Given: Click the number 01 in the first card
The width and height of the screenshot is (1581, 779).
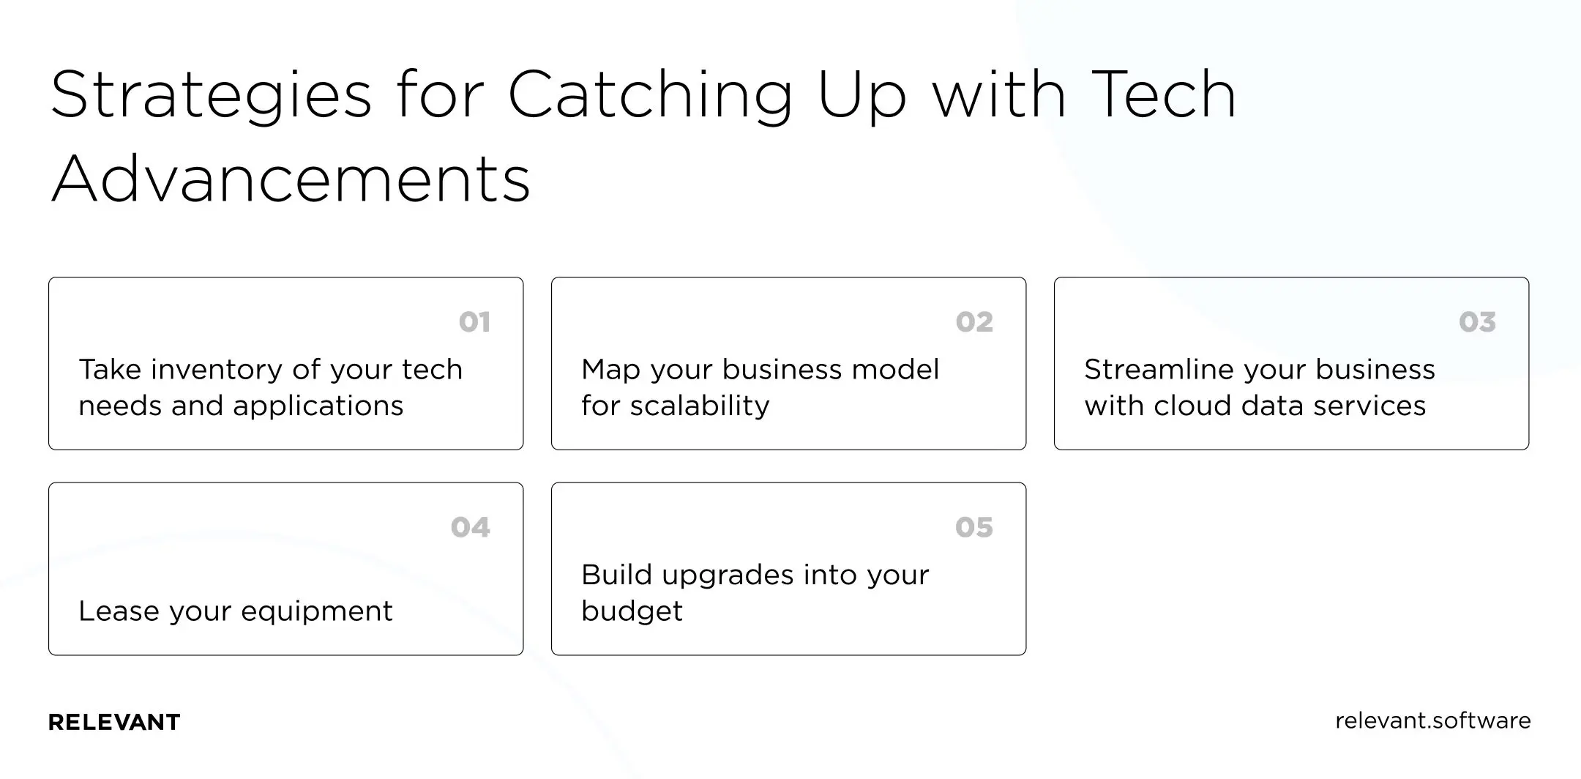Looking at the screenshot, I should pos(474,322).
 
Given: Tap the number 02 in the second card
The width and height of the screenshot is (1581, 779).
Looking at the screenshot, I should pos(974,322).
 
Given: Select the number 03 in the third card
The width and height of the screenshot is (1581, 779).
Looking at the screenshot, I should pos(1477,322).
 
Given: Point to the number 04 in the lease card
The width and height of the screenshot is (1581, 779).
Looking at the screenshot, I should pos(470,527).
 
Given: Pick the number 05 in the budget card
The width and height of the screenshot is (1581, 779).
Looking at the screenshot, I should pos(973,527).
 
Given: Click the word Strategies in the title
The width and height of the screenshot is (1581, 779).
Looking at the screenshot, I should pos(212,95).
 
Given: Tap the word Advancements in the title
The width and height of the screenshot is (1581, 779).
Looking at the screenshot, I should pos(291,180).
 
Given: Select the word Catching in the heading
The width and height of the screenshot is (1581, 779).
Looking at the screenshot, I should pos(650,95).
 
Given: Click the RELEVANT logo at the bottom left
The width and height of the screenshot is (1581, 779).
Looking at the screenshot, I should pos(114,723).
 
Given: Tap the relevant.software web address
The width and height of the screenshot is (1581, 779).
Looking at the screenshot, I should pos(1432,720).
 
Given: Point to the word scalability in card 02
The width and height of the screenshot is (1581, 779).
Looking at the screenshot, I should pos(700,406).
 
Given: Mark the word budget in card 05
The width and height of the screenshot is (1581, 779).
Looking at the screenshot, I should pos(632,611).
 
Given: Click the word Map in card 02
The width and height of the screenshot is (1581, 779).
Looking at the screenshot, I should pos(611,370).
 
